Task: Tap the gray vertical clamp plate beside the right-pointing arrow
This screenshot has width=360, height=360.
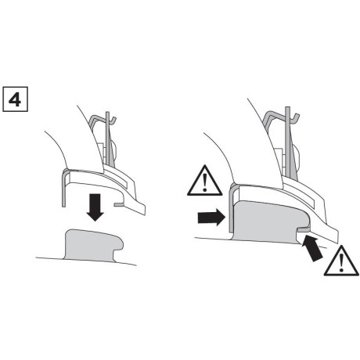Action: (x=229, y=205)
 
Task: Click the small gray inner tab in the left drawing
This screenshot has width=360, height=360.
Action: (x=117, y=202)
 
